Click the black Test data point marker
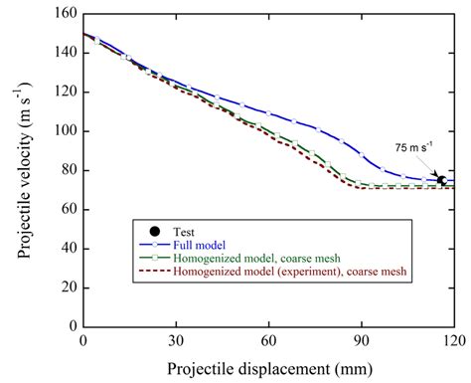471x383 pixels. click(442, 180)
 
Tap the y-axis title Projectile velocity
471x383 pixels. click(23, 169)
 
